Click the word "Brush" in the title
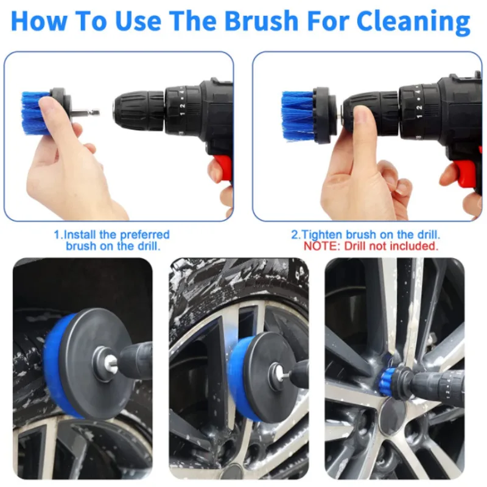[x=261, y=20]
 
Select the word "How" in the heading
[x=39, y=21]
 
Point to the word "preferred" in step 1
[x=145, y=234]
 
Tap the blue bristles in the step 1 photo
[x=34, y=113]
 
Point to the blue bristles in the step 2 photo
[x=297, y=115]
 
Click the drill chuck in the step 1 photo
[x=138, y=111]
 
